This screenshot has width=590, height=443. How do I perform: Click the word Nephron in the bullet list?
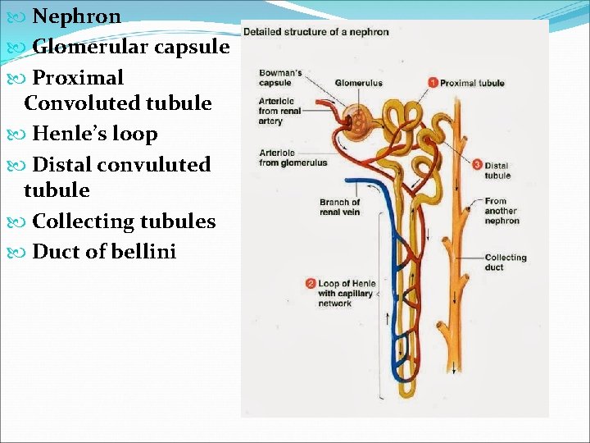(76, 16)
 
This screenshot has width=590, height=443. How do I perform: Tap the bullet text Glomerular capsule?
(130, 47)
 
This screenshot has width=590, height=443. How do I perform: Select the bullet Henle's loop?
(94, 134)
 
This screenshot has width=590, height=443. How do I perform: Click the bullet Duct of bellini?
(104, 252)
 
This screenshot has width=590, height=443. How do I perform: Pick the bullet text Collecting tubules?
(124, 221)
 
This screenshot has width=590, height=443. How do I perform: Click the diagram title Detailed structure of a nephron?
(315, 32)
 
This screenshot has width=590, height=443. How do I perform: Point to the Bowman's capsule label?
(280, 78)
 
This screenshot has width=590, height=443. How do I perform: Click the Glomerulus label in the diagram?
(358, 83)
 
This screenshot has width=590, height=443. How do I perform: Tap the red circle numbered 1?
(433, 82)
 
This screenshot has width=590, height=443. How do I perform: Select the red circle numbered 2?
(311, 284)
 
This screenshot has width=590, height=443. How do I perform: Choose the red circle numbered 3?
(478, 165)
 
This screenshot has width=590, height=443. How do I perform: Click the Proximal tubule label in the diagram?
(472, 83)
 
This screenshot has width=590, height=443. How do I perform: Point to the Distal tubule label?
(497, 170)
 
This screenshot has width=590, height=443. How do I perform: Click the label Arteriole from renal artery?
(279, 111)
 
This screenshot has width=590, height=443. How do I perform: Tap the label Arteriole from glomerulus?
(293, 158)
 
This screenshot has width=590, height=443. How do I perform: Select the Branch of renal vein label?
(339, 207)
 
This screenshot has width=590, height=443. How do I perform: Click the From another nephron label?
(501, 211)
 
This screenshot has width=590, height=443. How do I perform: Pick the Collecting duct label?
(505, 262)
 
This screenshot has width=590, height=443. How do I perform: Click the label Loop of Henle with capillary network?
(346, 294)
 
